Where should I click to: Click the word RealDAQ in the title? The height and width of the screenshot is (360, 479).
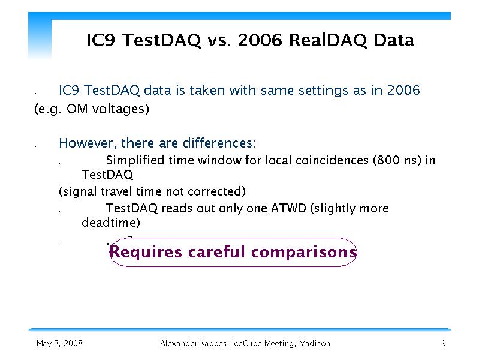pyautogui.click(x=327, y=40)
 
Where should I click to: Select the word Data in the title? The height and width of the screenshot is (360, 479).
pyautogui.click(x=394, y=40)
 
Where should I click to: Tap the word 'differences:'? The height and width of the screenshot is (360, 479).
pyautogui.click(x=219, y=143)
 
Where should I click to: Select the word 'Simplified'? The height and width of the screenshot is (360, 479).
pyautogui.click(x=135, y=160)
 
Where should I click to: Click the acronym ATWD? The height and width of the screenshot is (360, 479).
pyautogui.click(x=288, y=208)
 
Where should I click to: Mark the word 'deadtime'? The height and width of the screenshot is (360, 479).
pyautogui.click(x=109, y=223)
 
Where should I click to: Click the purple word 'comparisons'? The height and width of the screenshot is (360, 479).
pyautogui.click(x=304, y=253)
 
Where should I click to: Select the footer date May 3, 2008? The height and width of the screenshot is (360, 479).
pyautogui.click(x=59, y=343)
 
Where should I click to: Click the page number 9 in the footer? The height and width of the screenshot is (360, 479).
pyautogui.click(x=444, y=343)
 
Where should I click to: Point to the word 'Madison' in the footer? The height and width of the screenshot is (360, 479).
pyautogui.click(x=314, y=343)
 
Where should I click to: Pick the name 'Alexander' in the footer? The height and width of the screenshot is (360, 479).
pyautogui.click(x=179, y=343)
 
